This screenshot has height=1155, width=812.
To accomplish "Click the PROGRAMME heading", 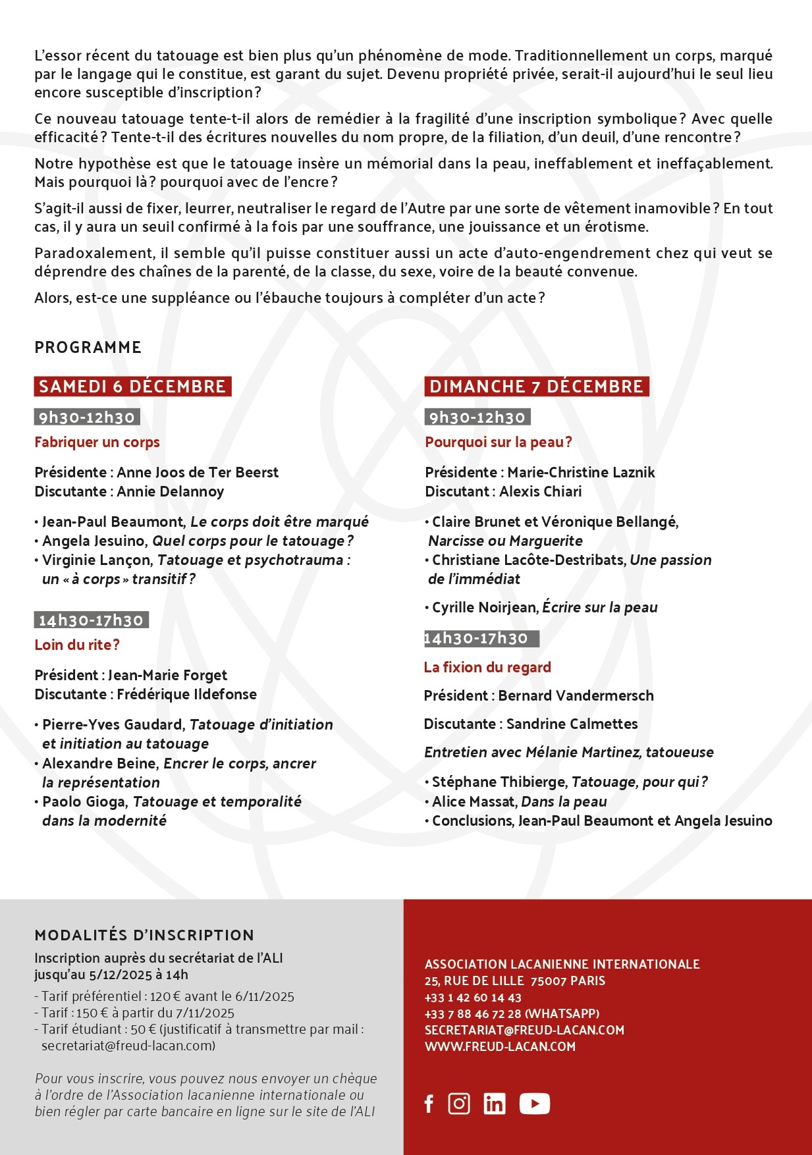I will point(88,348).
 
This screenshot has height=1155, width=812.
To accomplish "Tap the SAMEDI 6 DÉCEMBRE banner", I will point(132,387).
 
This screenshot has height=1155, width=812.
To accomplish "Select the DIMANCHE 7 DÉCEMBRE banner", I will point(536,387).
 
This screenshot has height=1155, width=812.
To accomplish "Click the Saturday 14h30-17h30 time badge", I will point(91,620).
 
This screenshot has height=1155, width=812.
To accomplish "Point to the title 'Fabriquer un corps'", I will point(97,443).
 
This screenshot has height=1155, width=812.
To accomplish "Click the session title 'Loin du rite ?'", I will point(77,645).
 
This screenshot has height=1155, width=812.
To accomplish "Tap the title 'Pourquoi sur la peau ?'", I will point(499,443).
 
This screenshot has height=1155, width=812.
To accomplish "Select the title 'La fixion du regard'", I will point(487,668).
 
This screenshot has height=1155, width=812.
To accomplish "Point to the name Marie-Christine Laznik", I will point(581,473).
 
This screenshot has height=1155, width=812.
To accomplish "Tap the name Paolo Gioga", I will point(84,802).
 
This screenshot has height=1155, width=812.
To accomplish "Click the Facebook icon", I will point(429,1104).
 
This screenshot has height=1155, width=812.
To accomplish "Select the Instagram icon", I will point(459,1104).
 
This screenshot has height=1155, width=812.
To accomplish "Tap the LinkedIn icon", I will point(495,1104).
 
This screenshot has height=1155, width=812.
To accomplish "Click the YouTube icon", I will point(534,1104).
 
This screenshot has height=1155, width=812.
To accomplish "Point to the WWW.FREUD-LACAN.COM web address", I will point(500,1047).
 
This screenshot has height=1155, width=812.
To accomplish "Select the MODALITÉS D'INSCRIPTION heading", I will point(144,936).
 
